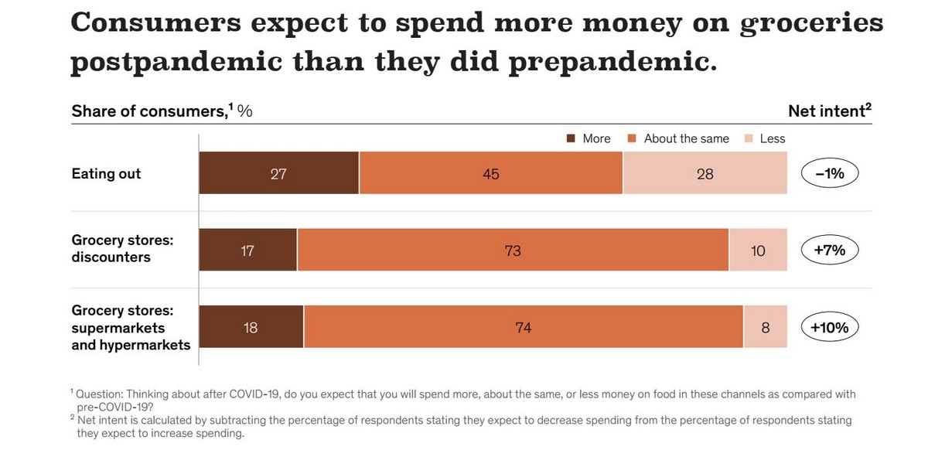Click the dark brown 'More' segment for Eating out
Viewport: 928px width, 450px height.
tap(278, 173)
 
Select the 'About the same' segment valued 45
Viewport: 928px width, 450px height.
tap(490, 173)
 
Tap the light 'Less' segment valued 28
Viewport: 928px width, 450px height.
tap(705, 173)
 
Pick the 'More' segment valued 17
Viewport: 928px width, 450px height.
tap(247, 250)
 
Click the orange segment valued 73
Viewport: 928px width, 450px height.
tap(512, 250)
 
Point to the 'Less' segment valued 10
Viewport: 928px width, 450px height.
tap(758, 250)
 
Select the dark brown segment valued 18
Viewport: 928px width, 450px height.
tap(251, 326)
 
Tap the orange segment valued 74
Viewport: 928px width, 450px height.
tap(523, 326)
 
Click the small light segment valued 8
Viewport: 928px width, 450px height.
tap(765, 326)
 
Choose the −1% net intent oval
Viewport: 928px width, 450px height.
tap(830, 173)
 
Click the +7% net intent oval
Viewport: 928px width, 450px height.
tap(830, 250)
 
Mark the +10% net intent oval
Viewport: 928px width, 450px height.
tap(830, 326)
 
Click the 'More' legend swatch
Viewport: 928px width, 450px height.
tap(571, 139)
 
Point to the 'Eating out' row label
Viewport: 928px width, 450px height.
tap(106, 173)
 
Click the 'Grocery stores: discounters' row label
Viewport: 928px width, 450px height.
tap(122, 249)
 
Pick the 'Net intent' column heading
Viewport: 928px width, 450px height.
tap(829, 111)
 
